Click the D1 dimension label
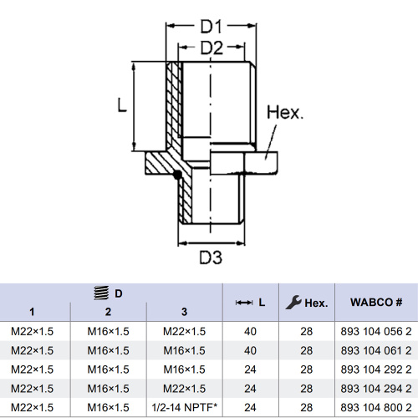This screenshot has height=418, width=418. coord(212,27)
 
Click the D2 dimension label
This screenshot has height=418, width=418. coord(212,48)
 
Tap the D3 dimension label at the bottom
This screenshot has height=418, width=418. coord(211,257)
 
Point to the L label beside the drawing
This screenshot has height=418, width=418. coord(122,105)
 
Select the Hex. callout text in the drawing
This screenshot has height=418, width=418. coord(285,112)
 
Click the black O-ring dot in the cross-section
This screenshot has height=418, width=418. coord(177,175)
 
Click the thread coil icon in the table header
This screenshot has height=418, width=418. coord(101,293)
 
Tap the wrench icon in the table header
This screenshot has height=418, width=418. coord(293,303)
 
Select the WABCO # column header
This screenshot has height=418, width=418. coord(376,302)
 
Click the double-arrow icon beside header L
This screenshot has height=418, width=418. coord(244,303)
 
